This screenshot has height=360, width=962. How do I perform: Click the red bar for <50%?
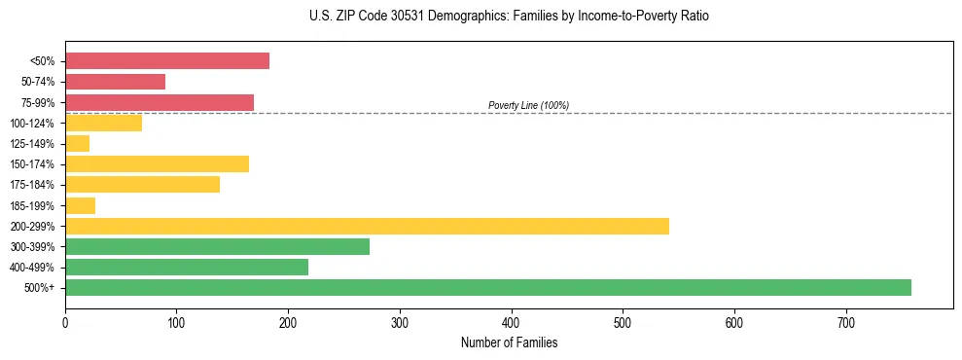click(167, 61)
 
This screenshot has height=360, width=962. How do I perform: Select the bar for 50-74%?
click(115, 82)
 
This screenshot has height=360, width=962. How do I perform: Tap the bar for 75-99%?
click(160, 102)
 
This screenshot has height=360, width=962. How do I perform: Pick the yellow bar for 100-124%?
click(103, 123)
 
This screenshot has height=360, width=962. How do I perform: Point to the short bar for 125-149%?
click(78, 143)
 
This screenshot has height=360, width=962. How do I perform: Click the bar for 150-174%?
click(157, 163)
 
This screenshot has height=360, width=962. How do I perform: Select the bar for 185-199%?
click(80, 205)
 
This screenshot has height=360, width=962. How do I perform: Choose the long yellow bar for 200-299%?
click(367, 226)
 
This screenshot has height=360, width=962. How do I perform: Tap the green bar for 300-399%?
click(217, 246)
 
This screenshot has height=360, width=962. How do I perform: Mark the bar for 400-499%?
click(187, 267)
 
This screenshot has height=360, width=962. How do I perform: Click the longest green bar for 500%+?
click(488, 287)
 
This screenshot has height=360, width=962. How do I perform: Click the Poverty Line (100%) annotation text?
click(528, 105)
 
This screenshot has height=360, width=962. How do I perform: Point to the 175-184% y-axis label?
click(32, 185)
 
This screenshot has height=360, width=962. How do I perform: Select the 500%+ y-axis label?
click(40, 288)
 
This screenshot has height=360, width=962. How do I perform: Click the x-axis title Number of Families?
click(509, 342)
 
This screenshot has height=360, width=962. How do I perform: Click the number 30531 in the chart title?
click(411, 17)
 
